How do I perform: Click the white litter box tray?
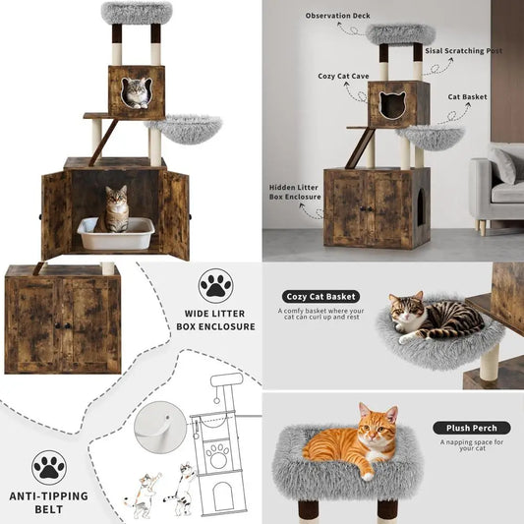click(x=116, y=235)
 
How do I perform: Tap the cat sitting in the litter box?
click(x=117, y=208)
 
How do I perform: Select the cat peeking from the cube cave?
click(x=136, y=93)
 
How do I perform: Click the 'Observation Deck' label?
click(x=336, y=16)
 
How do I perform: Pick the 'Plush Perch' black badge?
click(x=470, y=428)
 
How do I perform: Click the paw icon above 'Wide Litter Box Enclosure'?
click(x=215, y=287)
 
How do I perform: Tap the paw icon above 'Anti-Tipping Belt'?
click(x=48, y=467)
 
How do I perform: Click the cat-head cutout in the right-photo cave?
click(x=392, y=105)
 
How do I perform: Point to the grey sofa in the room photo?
click(x=496, y=187)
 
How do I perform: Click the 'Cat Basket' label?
click(x=468, y=96)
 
